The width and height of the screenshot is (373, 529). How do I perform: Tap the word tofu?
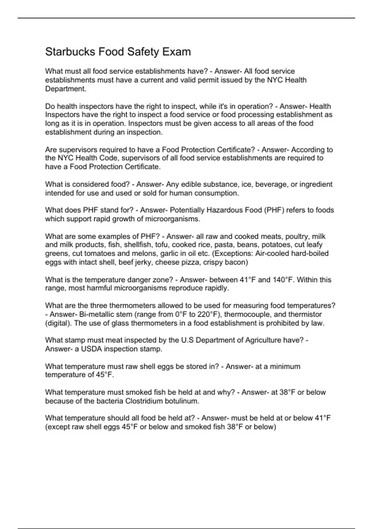(161, 245)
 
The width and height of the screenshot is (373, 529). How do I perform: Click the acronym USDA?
(91, 349)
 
